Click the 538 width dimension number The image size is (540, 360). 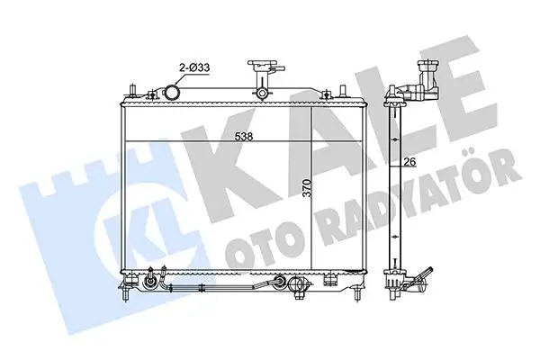(244, 137)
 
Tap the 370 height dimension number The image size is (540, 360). (307, 188)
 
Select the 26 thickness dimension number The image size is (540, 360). (409, 161)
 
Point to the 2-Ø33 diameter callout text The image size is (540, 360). (193, 67)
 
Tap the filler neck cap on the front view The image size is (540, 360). (263, 65)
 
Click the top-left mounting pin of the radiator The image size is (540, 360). (132, 91)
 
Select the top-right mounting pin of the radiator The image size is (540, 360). (342, 92)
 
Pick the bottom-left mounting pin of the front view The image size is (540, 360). (126, 293)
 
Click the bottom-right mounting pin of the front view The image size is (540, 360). (358, 293)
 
